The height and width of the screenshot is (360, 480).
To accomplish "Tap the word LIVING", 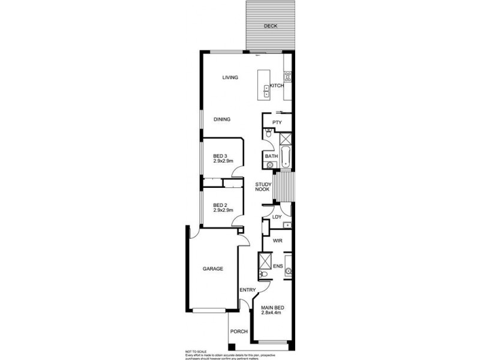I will (230, 77).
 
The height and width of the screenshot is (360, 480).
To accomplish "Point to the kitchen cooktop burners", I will (287, 77).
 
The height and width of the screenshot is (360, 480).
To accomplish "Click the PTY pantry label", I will (277, 122).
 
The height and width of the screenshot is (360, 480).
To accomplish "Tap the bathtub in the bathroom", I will (286, 157).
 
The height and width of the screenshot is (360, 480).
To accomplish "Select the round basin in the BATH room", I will (269, 164).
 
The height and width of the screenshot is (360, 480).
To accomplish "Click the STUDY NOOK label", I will (263, 187).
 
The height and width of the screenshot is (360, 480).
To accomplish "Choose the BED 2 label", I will (221, 204).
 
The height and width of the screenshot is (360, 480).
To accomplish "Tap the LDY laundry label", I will (277, 217).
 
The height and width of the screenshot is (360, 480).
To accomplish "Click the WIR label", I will (277, 241).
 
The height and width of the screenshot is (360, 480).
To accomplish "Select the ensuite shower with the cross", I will (265, 261).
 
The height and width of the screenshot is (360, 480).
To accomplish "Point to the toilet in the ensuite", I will (262, 275).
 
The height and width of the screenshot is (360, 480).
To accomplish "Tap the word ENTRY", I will (247, 290).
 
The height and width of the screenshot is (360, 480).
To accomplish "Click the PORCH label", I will (239, 331).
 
